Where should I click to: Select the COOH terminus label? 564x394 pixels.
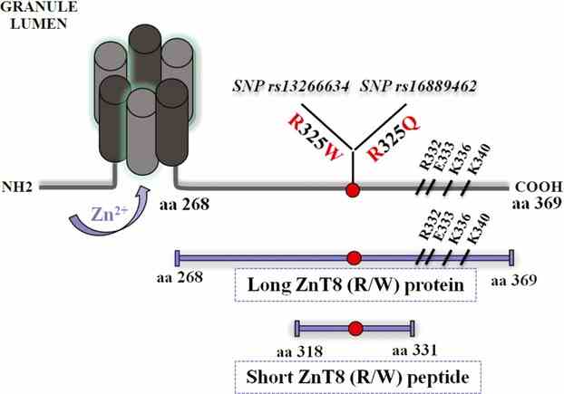click(x=534, y=181)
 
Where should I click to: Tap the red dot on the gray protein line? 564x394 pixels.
click(x=352, y=189)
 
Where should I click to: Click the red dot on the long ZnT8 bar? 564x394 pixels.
click(x=354, y=256)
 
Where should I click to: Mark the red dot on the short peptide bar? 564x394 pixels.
click(x=355, y=328)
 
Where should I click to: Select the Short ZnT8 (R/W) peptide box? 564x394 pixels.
click(x=355, y=375)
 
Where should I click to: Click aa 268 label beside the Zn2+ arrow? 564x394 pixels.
click(x=186, y=205)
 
